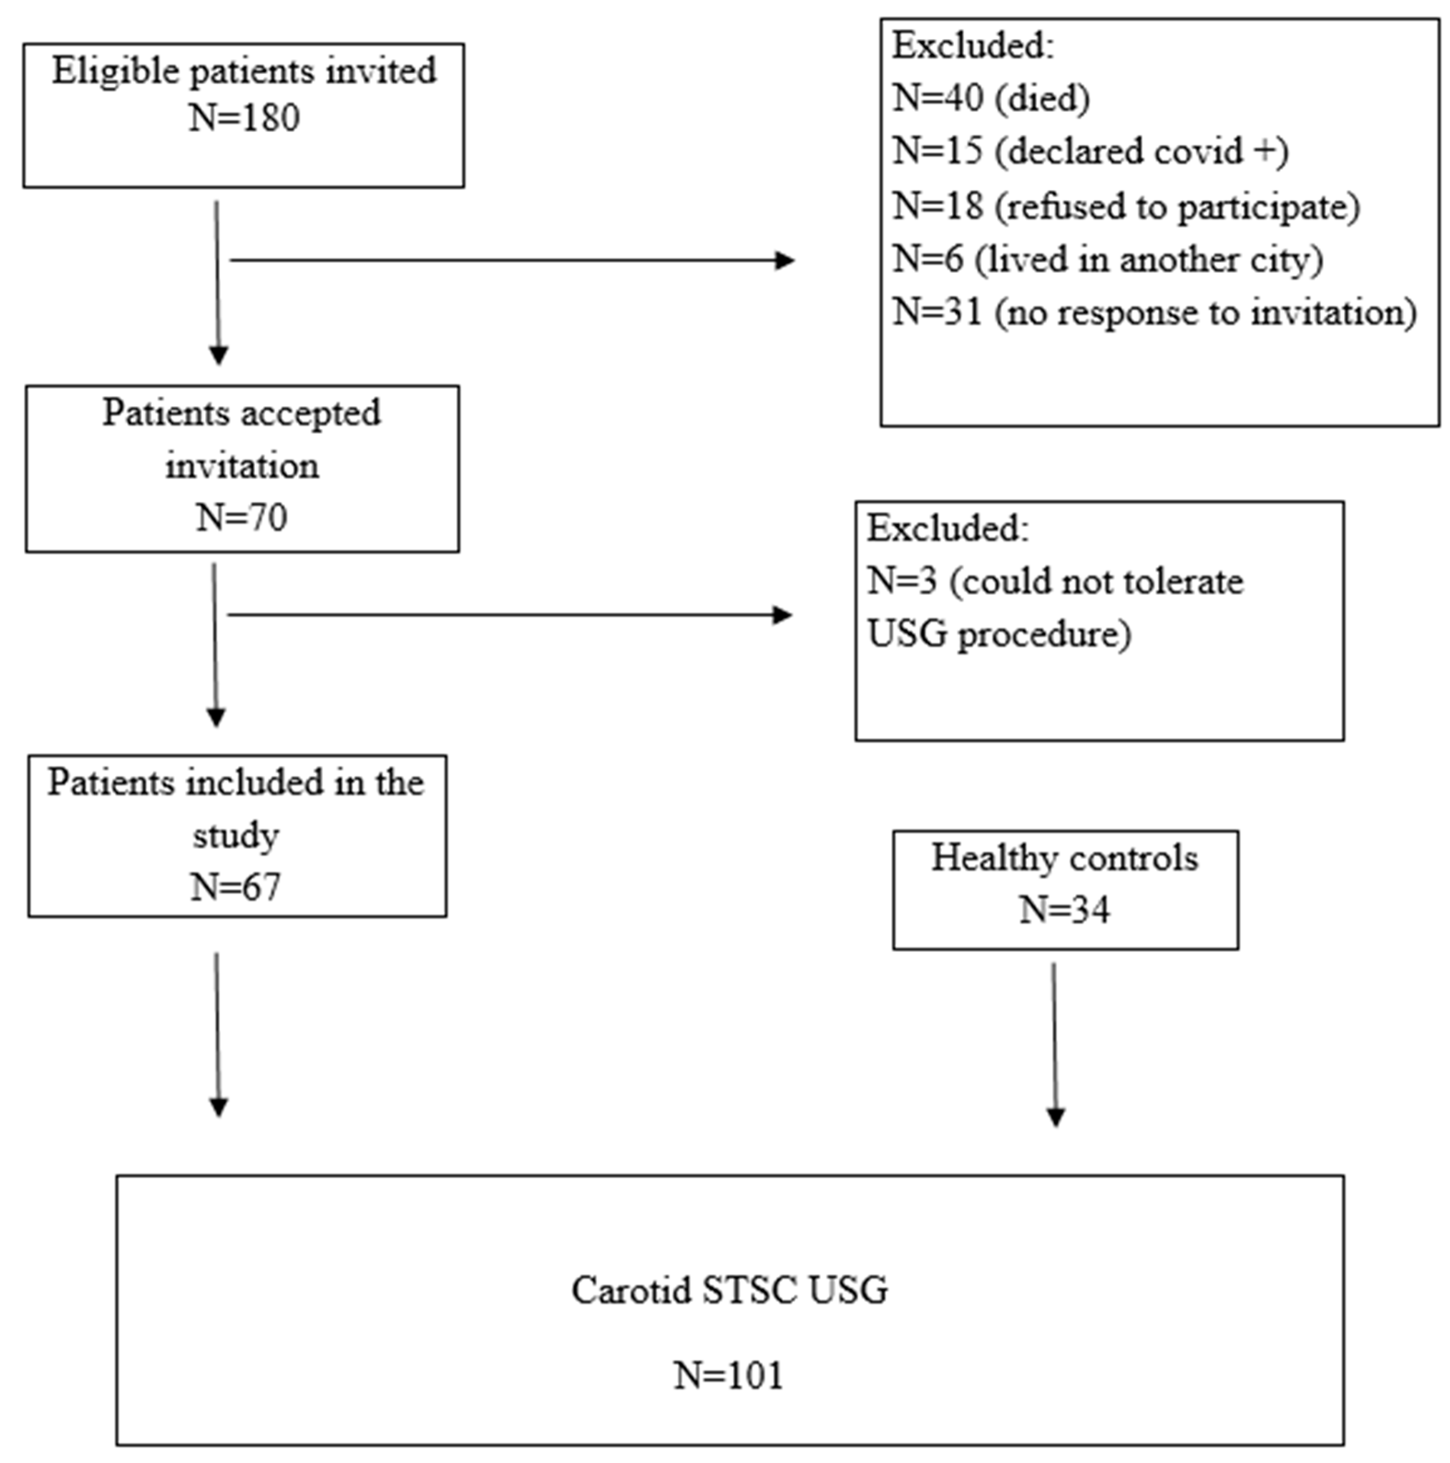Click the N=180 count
coord(244,118)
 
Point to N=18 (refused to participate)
coord(1125,206)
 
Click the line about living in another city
coord(1107,260)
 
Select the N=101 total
coord(728,1375)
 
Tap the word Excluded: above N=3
coord(947,528)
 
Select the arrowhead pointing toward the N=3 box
coord(782,615)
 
